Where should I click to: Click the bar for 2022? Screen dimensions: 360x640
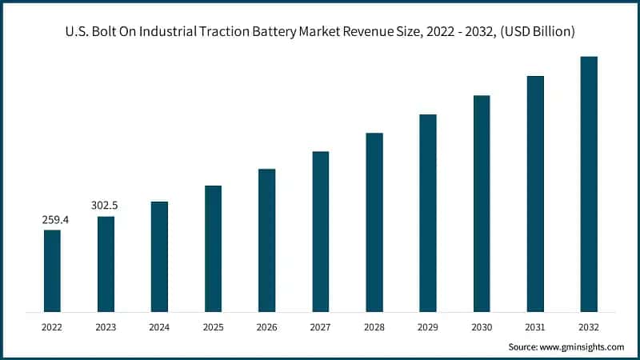(52, 270)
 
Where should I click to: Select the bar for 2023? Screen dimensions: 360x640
(106, 263)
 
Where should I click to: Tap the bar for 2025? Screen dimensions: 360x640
(213, 248)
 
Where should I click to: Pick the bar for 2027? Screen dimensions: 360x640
(320, 231)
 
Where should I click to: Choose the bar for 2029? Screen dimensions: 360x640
(428, 213)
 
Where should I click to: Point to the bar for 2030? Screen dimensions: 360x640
(482, 203)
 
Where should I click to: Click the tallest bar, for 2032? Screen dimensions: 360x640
(589, 184)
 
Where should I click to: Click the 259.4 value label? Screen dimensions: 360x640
(55, 219)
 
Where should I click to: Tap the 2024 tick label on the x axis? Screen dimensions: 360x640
(159, 326)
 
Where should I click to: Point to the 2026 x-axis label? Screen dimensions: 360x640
(266, 326)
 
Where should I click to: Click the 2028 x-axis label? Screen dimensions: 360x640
(374, 326)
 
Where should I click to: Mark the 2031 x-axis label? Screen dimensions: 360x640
(535, 326)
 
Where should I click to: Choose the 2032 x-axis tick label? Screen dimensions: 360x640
(589, 326)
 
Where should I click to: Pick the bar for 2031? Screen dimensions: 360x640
(535, 194)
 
